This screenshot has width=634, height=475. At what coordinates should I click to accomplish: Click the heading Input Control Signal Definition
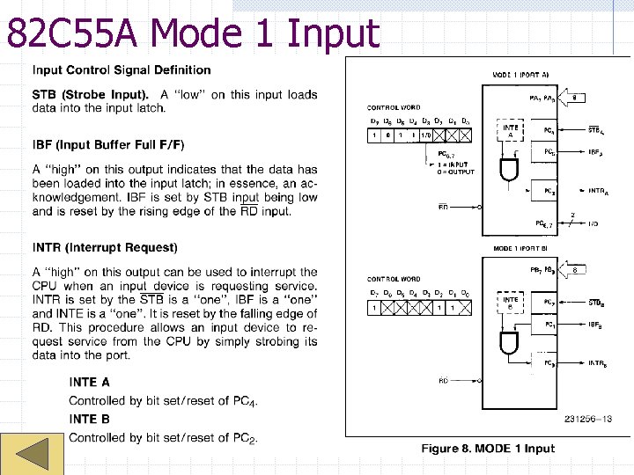[122, 69]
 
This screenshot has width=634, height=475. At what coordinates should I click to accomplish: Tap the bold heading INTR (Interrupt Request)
[105, 247]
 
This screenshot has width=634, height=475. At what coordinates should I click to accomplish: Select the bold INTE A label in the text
[89, 382]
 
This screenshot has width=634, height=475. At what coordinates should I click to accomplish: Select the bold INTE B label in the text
[89, 419]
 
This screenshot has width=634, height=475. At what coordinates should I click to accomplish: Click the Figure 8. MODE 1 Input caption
[488, 449]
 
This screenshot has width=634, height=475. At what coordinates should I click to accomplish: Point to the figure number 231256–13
[588, 420]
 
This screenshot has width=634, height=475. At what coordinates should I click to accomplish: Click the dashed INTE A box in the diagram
[510, 131]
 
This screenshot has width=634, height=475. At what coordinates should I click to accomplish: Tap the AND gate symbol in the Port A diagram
[510, 167]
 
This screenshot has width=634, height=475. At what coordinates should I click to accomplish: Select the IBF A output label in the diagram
[596, 152]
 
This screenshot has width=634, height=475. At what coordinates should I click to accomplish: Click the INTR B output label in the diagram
[597, 363]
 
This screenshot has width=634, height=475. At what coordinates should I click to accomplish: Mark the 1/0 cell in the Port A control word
[425, 135]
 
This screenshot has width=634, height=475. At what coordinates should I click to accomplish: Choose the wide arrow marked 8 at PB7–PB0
[573, 270]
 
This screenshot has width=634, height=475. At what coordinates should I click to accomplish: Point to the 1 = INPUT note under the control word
[456, 164]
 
